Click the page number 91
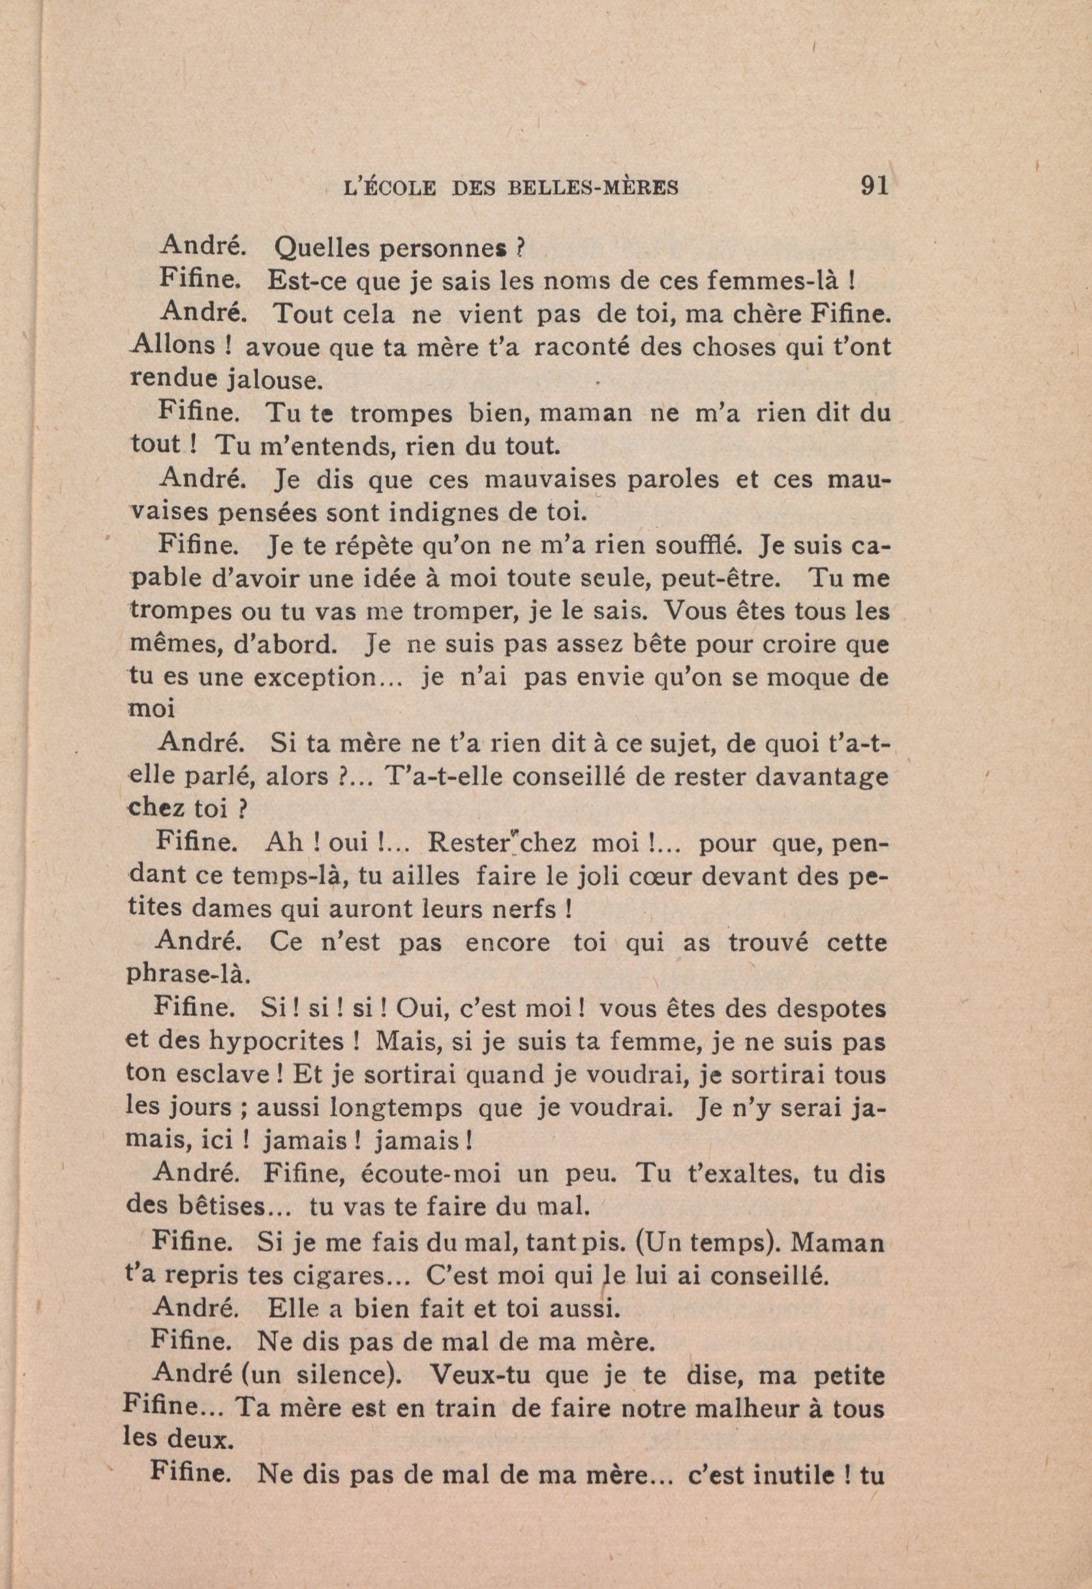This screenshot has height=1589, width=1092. pos(873,185)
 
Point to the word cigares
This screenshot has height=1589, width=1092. pos(340,1277)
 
